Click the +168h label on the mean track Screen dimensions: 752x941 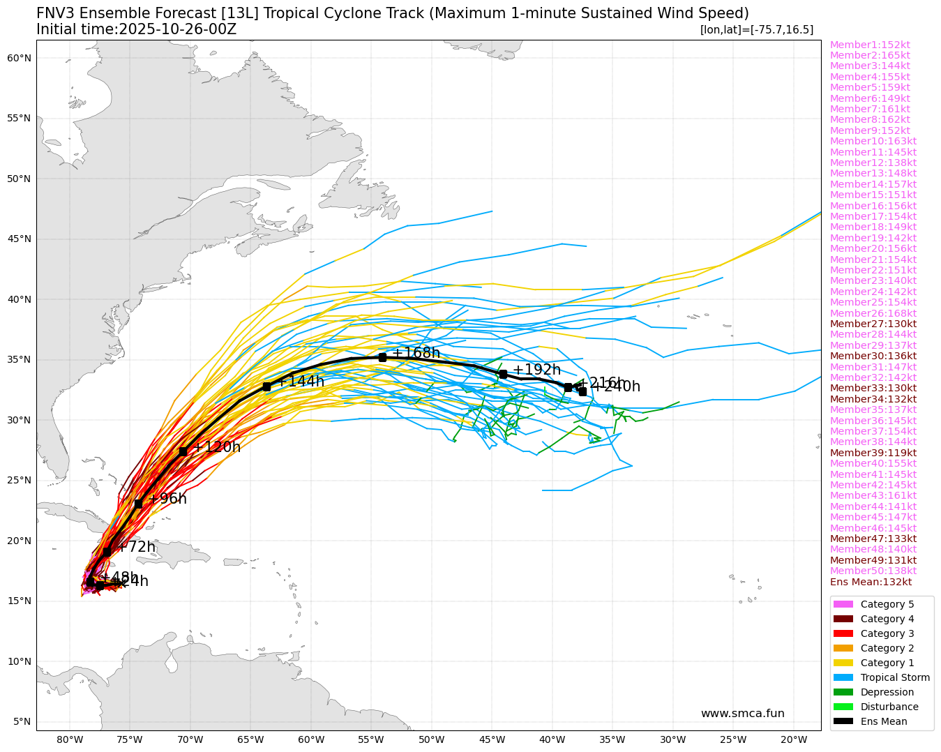pyautogui.click(x=416, y=353)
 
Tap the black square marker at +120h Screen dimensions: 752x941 pyautogui.click(x=183, y=451)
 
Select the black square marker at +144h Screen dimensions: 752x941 pyautogui.click(x=266, y=386)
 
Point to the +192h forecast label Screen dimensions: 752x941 pyautogui.click(x=536, y=370)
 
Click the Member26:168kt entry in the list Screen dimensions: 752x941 pyautogui.click(x=873, y=313)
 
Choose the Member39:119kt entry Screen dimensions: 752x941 pyautogui.click(x=873, y=453)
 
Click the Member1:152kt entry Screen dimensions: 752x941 pyautogui.click(x=870, y=45)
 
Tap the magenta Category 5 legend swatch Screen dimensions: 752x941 pyautogui.click(x=843, y=604)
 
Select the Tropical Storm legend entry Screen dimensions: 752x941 pyautogui.click(x=895, y=677)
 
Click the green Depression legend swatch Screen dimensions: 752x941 pyautogui.click(x=843, y=692)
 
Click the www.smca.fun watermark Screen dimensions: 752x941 pyautogui.click(x=742, y=714)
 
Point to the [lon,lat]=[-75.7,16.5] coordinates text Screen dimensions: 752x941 pyautogui.click(x=756, y=29)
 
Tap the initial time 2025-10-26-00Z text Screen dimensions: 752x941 pyautogui.click(x=177, y=29)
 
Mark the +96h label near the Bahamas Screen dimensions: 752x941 pyautogui.click(x=167, y=499)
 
